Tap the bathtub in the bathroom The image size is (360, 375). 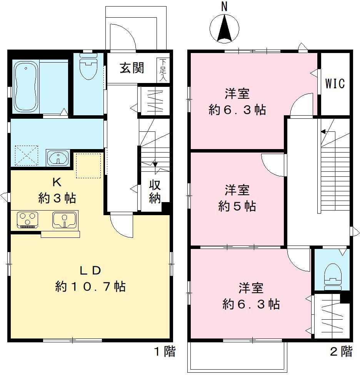[x=26, y=87]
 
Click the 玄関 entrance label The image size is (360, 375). [x=132, y=68]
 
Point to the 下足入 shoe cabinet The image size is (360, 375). [x=163, y=70]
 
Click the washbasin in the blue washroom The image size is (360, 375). [x=58, y=158]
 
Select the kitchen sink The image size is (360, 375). [x=65, y=220]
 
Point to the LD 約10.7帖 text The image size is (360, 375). [x=90, y=279]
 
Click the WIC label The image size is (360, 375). [x=335, y=83]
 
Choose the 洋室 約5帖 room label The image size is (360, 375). [x=237, y=198]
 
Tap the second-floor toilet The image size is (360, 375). [x=332, y=277]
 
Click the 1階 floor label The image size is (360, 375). [x=165, y=351]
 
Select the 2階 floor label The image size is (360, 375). [x=341, y=351]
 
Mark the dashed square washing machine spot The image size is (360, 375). [x=27, y=155]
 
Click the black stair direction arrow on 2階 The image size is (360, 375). [x=323, y=132]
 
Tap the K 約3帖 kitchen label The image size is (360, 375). [x=57, y=190]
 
